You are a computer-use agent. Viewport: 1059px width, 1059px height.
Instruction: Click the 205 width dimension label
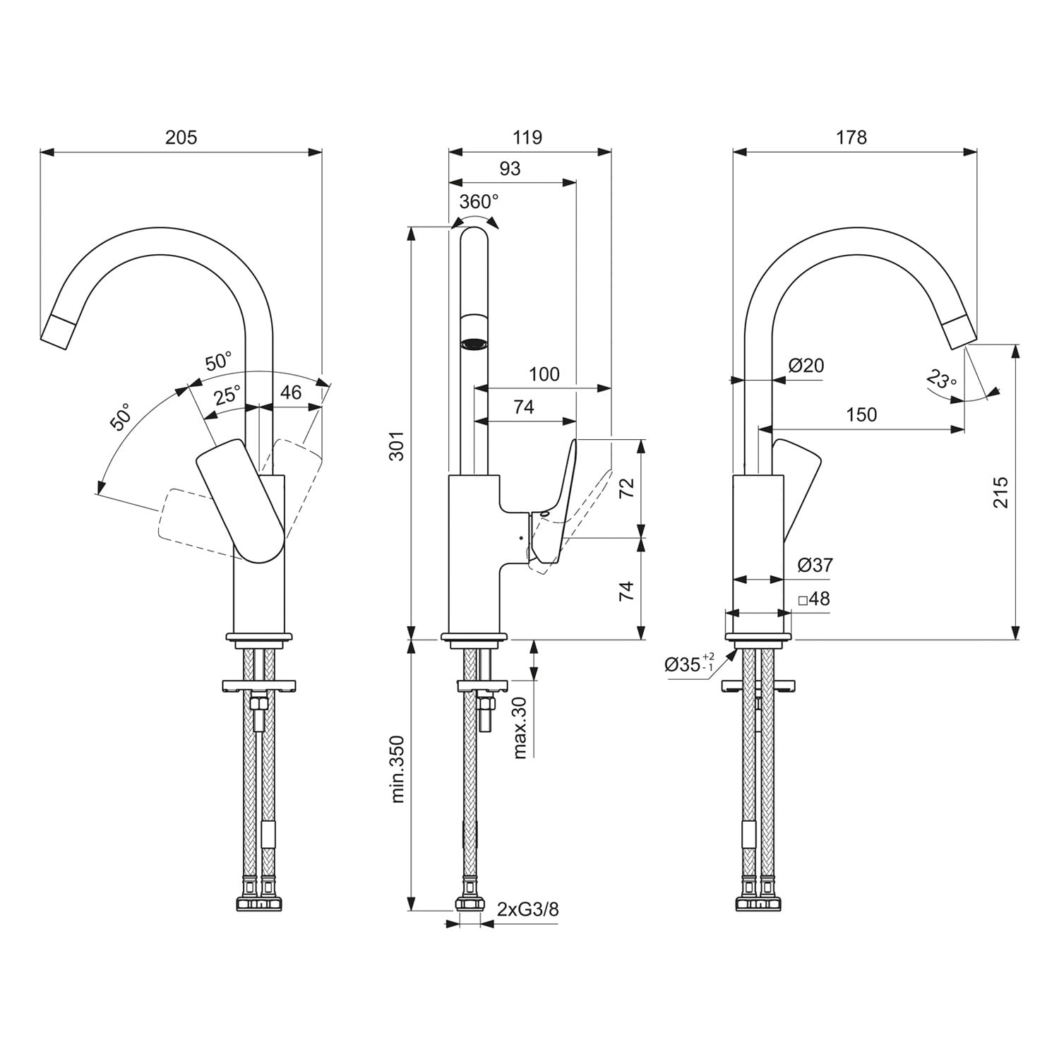coord(181,137)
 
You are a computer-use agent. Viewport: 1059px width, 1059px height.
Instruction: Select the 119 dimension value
coord(527,137)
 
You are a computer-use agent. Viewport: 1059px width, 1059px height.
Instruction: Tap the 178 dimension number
coord(851,137)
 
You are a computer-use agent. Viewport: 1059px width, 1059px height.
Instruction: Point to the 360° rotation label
coord(479,202)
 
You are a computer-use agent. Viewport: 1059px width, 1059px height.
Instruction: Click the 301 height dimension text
coord(397,445)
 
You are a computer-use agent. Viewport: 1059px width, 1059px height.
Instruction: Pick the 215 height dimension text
coord(1000,492)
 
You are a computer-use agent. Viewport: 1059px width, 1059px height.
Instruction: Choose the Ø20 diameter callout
coord(806,365)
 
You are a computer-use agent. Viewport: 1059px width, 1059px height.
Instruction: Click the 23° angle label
coord(942,381)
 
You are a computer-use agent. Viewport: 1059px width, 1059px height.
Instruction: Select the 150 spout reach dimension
coord(861,414)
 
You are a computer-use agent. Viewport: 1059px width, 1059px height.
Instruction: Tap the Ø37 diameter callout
coord(815,565)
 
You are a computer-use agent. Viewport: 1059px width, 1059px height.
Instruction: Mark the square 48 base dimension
coord(814,599)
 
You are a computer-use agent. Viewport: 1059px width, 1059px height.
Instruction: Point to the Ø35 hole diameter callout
coord(690,664)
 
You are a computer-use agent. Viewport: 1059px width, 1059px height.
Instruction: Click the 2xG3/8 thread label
coord(527,909)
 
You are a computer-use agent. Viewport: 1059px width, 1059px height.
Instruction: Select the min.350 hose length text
coord(397,769)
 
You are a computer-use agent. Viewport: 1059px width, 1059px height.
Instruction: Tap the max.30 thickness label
coord(520,727)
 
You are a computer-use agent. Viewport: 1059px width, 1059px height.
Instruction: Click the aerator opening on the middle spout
coord(474,345)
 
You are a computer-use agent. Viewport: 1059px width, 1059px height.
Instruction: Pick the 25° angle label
coord(227,395)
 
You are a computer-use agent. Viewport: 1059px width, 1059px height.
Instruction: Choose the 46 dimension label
coord(290,392)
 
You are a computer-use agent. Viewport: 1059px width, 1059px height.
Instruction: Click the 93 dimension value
coord(510,168)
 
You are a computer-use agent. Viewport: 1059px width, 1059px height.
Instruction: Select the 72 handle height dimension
coord(626,488)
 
